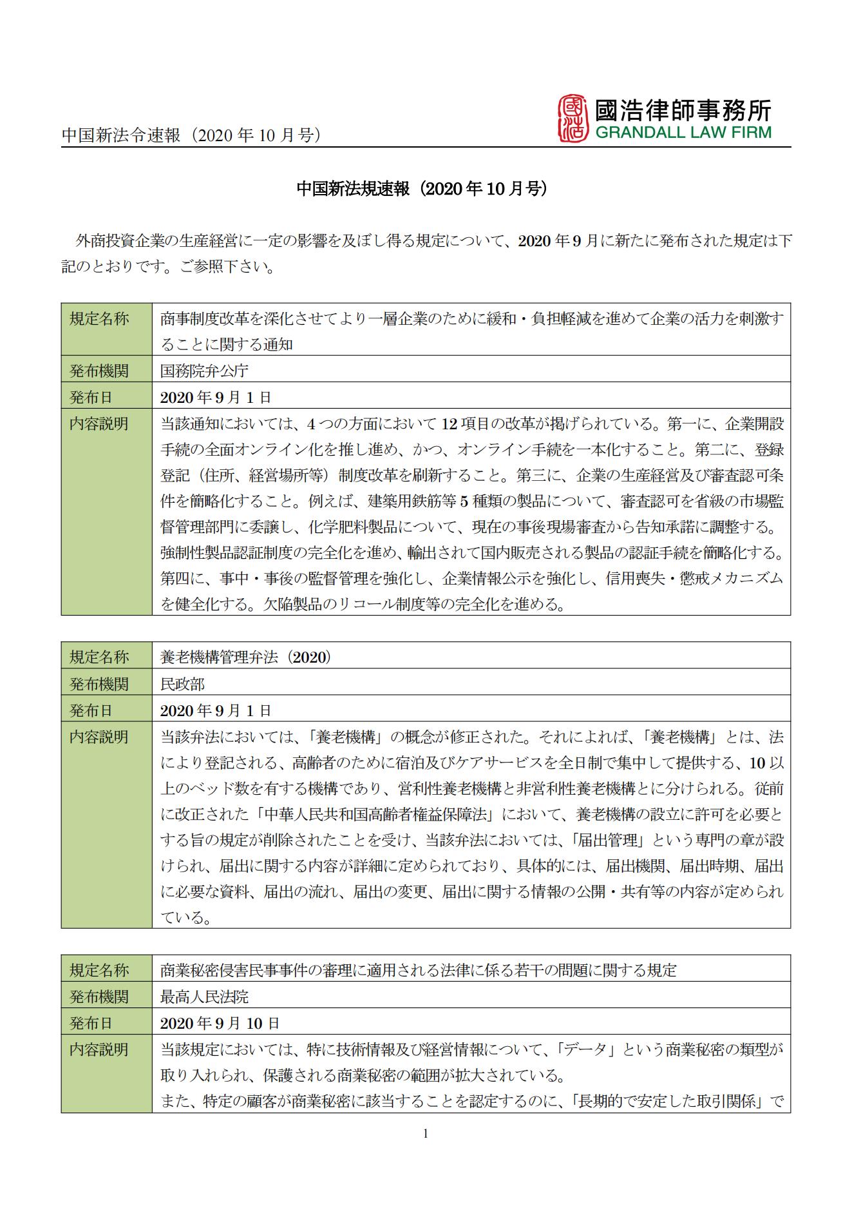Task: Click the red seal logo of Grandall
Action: (x=573, y=117)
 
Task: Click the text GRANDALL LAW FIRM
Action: (x=683, y=133)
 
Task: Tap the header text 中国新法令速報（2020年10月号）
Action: (x=191, y=135)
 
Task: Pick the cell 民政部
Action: (x=182, y=684)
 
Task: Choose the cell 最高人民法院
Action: (x=204, y=997)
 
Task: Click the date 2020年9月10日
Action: (x=220, y=1023)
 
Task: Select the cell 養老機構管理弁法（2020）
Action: (x=245, y=657)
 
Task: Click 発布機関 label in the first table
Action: (x=99, y=371)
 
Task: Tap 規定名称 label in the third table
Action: (x=99, y=970)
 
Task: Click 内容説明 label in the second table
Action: (x=99, y=737)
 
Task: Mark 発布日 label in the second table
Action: (x=91, y=710)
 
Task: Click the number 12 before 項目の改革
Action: (x=449, y=424)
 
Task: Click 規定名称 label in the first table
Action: (x=99, y=318)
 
